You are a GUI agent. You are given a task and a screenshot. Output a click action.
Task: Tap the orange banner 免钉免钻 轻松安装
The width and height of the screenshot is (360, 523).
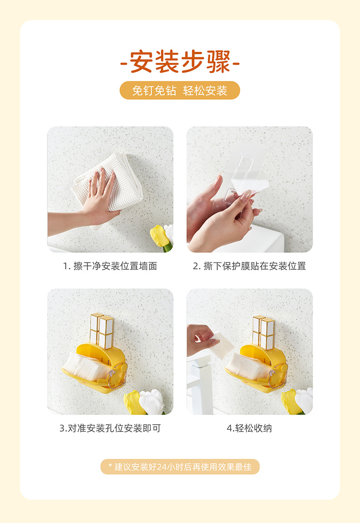click(x=180, y=90)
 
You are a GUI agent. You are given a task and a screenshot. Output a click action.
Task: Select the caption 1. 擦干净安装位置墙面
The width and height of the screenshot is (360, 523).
click(x=110, y=266)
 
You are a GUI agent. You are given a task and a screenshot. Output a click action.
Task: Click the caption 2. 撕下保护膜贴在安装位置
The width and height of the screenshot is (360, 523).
click(x=249, y=266)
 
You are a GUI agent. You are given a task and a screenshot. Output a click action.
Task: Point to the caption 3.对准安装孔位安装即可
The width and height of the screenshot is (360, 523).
click(x=110, y=428)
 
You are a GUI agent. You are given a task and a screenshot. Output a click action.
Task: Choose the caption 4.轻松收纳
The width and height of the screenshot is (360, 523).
click(x=249, y=428)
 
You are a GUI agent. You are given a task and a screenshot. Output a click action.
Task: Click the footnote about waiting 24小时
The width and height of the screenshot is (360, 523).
click(x=180, y=467)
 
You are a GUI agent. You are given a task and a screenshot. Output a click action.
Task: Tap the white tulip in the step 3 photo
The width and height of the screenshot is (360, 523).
click(x=152, y=401)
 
